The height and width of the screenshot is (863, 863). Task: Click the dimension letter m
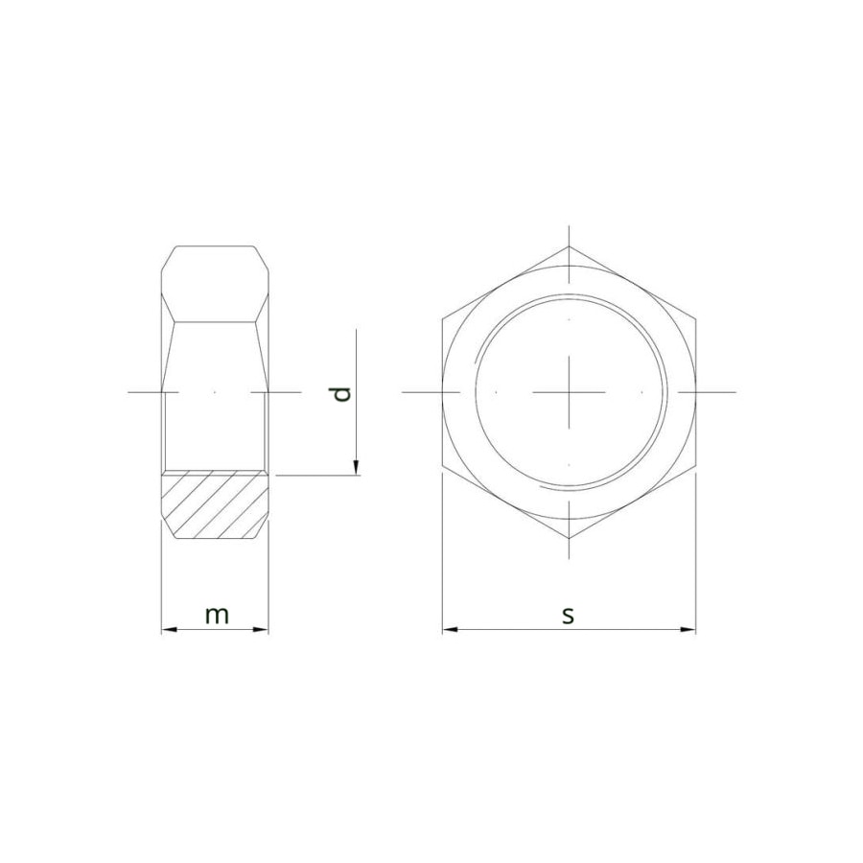[217, 616]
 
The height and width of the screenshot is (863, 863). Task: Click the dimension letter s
[568, 616]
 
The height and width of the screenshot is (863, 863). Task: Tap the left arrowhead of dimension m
[169, 630]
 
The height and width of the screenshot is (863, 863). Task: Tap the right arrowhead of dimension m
[262, 630]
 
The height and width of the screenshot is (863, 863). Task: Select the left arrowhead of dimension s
[451, 630]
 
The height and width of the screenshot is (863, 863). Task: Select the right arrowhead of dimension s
[688, 630]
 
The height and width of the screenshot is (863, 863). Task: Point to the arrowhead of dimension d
[356, 467]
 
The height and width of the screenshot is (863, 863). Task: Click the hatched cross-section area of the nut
[215, 504]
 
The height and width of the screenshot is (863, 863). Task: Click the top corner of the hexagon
[569, 246]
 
